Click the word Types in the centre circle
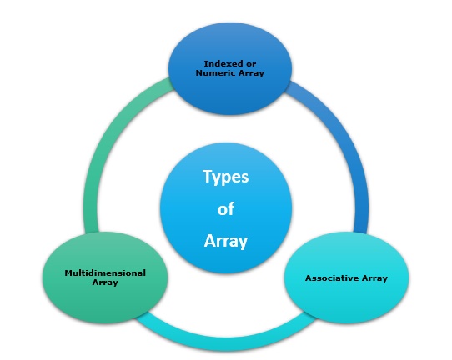tap(226, 177)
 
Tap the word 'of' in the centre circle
tap(226, 209)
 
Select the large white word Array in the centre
tap(226, 241)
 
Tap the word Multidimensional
tap(105, 272)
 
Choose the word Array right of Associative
tap(374, 277)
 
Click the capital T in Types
tap(208, 177)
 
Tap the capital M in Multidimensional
tap(68, 272)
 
